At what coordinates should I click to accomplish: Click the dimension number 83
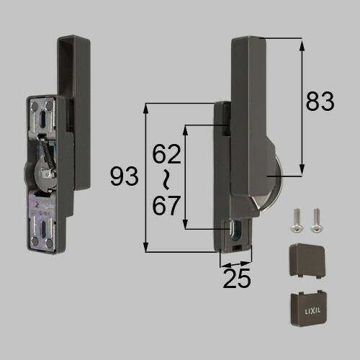tap(320, 102)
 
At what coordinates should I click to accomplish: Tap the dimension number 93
tap(124, 176)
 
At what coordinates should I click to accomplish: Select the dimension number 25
tap(237, 278)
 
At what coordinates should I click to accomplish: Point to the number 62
tap(166, 154)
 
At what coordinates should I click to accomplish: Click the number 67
tap(166, 205)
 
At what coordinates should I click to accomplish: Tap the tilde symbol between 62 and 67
tap(166, 180)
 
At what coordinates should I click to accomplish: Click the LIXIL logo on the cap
tap(312, 312)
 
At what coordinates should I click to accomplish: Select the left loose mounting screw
tap(297, 220)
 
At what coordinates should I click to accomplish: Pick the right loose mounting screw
tap(316, 220)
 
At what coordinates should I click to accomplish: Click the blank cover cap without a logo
tap(307, 261)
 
